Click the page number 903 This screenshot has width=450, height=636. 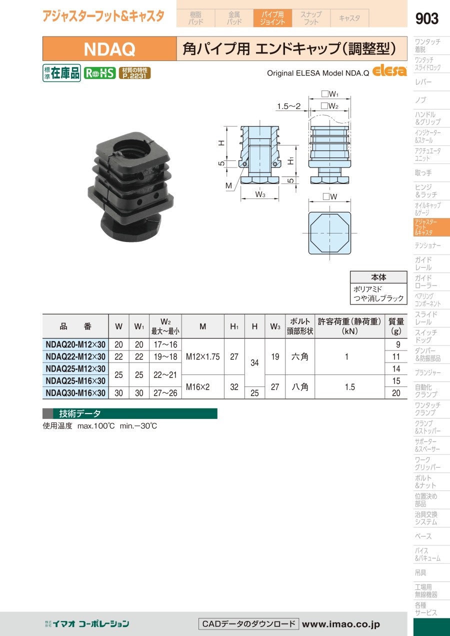[x=426, y=18]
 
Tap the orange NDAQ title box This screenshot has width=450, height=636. [x=109, y=48]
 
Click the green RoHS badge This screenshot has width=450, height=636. [x=99, y=73]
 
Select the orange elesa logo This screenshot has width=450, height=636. [x=389, y=70]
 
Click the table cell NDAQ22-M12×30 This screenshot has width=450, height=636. [x=75, y=356]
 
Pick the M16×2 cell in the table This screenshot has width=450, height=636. [x=197, y=386]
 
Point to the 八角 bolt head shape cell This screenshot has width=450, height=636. [x=300, y=386]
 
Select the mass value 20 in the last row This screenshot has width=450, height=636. [x=396, y=393]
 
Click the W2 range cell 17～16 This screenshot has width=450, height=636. [x=165, y=344]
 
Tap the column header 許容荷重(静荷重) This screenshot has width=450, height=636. [x=349, y=321]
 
